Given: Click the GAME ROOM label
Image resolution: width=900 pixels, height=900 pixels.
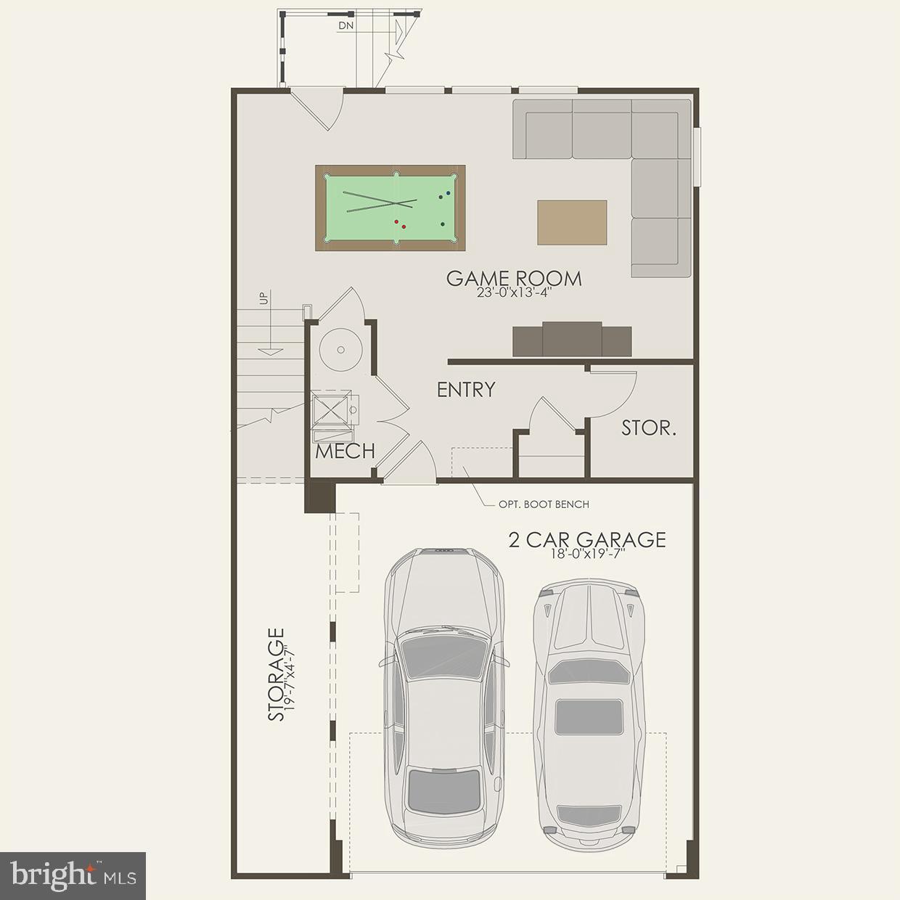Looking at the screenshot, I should (x=514, y=278).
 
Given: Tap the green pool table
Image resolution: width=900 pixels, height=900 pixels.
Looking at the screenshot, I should (x=390, y=208).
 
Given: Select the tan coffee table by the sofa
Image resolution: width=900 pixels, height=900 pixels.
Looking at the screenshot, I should (x=572, y=222).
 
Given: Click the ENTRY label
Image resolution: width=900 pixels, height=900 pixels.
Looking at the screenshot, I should (x=466, y=390).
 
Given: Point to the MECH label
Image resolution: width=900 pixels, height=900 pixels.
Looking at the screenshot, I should (x=345, y=451).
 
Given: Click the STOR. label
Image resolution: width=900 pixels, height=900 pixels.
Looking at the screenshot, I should (x=649, y=428).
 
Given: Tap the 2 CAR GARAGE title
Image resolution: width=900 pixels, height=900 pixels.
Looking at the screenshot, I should (x=586, y=539).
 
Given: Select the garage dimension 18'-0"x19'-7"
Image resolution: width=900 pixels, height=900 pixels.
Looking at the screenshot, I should (x=586, y=553).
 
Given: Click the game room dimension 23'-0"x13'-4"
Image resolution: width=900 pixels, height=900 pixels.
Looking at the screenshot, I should (x=514, y=293).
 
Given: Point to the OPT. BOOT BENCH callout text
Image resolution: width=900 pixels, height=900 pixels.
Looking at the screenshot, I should (x=544, y=504).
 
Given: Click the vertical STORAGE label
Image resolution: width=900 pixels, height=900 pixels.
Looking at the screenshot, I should (x=276, y=675).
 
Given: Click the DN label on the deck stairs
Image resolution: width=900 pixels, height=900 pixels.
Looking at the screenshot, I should (x=346, y=25).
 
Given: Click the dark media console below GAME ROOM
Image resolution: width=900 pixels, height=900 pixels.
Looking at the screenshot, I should (x=572, y=340).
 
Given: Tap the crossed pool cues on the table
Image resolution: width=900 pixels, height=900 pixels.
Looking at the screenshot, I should (x=380, y=201).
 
